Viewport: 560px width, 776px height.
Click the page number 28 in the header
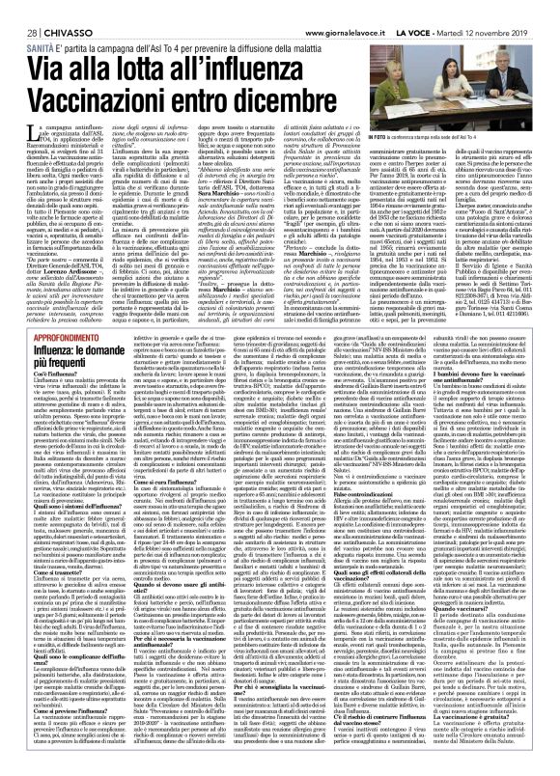pyautogui.click(x=20, y=10)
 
